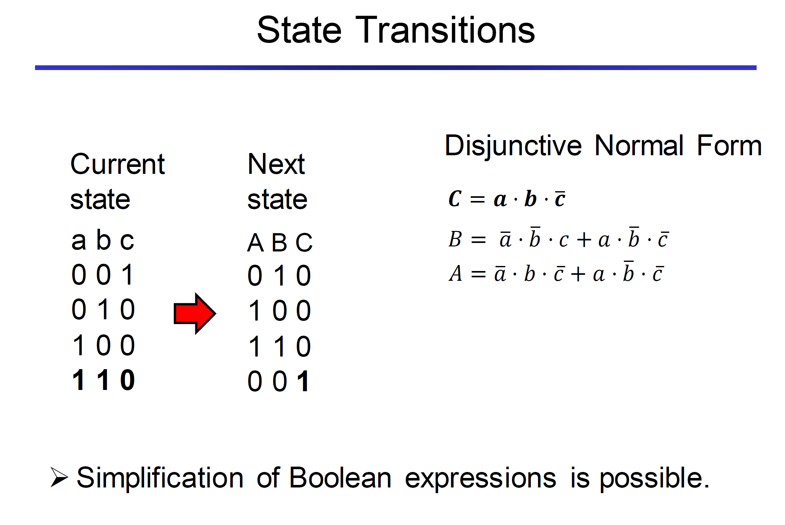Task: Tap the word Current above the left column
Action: coord(117,164)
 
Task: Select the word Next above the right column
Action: coord(276,164)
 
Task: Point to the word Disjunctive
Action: coord(513,146)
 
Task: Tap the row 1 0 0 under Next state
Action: coord(279,310)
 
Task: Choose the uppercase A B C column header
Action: coord(280,242)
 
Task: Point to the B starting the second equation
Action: coord(455,239)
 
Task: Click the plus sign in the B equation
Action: coord(584,240)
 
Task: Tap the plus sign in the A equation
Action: coord(578,274)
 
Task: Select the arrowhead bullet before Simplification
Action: coord(59,477)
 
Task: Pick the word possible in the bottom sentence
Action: coord(654,479)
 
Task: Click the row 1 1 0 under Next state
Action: coord(279,346)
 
